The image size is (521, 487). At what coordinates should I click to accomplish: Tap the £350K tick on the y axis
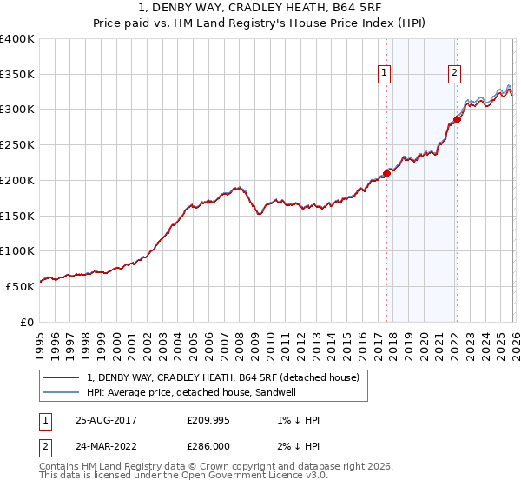(x=17, y=74)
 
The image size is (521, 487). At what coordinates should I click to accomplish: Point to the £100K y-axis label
(x=17, y=250)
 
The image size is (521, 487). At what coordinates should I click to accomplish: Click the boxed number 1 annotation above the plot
(x=383, y=73)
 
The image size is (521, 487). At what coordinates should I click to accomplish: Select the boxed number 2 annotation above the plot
(x=454, y=73)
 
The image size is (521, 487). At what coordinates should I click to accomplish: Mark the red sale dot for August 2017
(x=386, y=173)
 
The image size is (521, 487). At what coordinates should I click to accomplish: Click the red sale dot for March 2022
(x=457, y=120)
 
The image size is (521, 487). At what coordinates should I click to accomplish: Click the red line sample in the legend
(x=61, y=377)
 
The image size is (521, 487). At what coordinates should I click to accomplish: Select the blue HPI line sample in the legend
(x=61, y=392)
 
